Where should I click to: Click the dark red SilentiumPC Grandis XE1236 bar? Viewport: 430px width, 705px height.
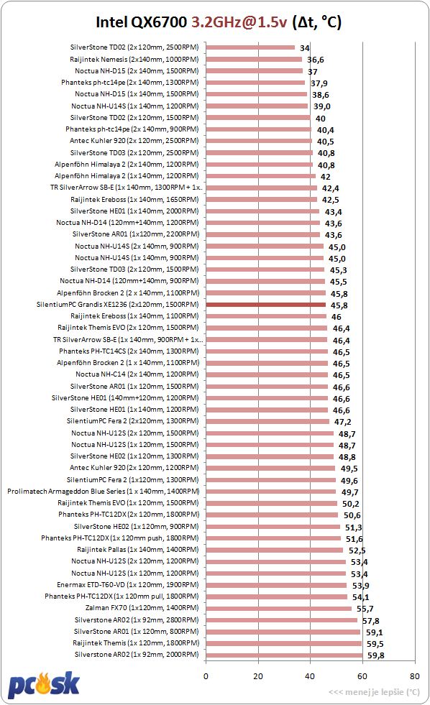tap(266, 305)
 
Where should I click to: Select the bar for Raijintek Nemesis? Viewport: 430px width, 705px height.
tap(254, 60)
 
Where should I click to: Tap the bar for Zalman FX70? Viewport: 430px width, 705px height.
tap(279, 608)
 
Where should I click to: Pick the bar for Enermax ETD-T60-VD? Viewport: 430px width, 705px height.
tap(276, 585)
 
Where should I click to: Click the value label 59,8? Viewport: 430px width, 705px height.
tap(375, 655)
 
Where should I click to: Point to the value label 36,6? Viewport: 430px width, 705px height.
tap(315, 60)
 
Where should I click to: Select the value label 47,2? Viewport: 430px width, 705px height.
tap(343, 422)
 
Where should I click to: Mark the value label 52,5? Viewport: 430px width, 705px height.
tap(357, 550)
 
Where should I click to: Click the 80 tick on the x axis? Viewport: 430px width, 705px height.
tap(414, 676)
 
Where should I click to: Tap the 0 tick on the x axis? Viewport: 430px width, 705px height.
tap(206, 676)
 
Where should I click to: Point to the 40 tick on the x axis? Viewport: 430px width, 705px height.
tap(310, 676)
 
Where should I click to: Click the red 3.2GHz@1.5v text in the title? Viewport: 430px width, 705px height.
tap(239, 22)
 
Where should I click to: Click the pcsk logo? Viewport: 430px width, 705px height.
tap(44, 685)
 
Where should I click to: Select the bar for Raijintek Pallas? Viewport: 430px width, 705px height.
tap(275, 550)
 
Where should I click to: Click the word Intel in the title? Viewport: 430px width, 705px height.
tap(111, 22)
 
